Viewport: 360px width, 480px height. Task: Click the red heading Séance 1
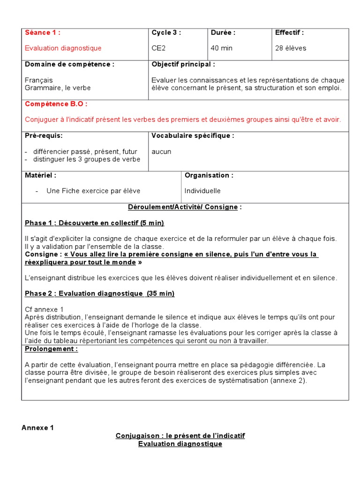click(43, 33)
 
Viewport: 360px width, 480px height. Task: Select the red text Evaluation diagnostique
click(63, 48)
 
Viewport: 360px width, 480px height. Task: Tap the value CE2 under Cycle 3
click(158, 48)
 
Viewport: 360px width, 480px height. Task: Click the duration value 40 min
click(222, 48)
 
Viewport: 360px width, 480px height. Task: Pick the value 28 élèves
click(291, 48)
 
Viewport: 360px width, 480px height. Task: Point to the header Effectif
click(289, 33)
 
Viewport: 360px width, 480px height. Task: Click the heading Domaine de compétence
click(69, 64)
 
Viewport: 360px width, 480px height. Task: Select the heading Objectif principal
click(183, 64)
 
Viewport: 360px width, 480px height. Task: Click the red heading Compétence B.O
click(56, 104)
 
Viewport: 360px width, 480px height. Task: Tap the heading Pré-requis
click(44, 136)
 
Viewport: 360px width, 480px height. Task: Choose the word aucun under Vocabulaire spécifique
click(161, 151)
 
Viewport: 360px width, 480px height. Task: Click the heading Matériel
click(40, 175)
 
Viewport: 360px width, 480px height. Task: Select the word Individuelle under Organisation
click(202, 191)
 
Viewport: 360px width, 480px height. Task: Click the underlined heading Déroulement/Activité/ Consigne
click(185, 207)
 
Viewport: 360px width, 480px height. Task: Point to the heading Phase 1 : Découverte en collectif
click(94, 223)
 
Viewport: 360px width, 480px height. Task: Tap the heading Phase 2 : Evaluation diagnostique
click(99, 293)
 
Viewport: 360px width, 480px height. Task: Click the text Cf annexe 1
click(44, 309)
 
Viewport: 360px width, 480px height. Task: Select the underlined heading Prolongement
click(51, 349)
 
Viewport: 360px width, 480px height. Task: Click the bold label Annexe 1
click(38, 427)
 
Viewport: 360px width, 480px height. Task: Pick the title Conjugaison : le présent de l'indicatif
click(180, 436)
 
